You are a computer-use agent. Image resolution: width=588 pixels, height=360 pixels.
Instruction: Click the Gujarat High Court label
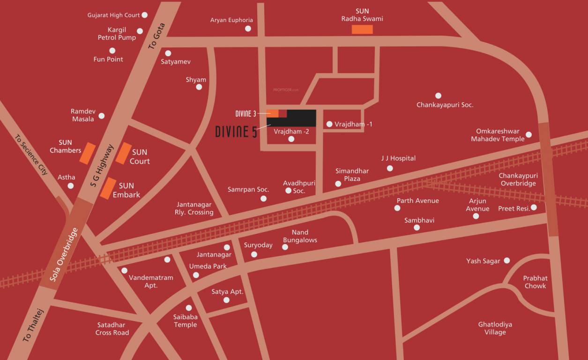click(113, 15)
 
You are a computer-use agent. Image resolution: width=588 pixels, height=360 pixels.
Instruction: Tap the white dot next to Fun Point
click(112, 51)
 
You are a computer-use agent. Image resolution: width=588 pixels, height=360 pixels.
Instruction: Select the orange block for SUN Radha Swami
click(362, 30)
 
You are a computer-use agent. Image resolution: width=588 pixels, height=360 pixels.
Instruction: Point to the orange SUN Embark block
click(109, 188)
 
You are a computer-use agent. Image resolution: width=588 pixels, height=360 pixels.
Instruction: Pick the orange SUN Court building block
click(124, 153)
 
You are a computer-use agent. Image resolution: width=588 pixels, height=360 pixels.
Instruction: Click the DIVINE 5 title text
click(236, 132)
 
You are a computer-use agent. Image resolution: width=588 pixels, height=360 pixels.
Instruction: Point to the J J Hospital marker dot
click(390, 168)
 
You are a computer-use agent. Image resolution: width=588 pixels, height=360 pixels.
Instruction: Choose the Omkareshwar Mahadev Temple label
click(498, 135)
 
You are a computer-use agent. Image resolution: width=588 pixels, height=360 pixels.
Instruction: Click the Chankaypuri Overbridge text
click(518, 180)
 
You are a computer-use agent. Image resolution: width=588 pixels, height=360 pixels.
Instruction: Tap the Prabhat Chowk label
click(535, 282)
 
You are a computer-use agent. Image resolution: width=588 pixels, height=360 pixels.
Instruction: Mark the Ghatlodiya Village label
click(495, 328)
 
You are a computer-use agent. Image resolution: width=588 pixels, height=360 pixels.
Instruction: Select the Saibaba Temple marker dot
click(189, 308)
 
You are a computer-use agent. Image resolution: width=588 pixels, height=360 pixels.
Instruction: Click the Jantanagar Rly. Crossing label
click(194, 209)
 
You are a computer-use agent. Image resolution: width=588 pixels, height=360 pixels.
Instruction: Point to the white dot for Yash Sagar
click(506, 261)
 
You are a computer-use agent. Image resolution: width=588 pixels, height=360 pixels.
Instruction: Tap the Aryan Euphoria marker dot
click(248, 29)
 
